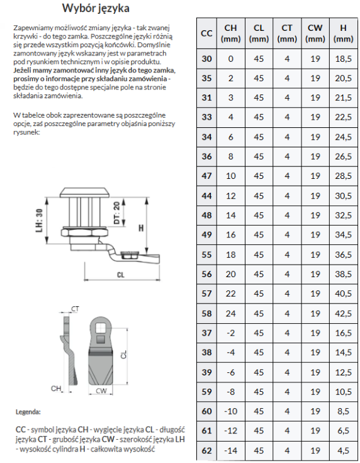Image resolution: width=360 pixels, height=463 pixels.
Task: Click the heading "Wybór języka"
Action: (x=96, y=8)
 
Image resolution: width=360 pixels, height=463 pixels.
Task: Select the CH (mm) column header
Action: (x=231, y=33)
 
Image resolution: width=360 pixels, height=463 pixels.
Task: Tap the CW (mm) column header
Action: (x=315, y=33)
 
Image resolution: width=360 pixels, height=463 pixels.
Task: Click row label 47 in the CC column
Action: (x=206, y=176)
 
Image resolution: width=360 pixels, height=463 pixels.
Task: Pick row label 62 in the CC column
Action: (x=206, y=450)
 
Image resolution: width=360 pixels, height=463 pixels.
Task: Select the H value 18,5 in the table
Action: (x=344, y=59)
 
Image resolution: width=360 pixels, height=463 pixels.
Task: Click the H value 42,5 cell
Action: (x=344, y=313)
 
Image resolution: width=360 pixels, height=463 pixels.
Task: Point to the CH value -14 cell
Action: (x=230, y=450)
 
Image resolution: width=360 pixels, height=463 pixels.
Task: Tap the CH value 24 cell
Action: (x=231, y=313)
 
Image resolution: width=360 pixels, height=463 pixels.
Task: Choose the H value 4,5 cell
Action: (x=344, y=450)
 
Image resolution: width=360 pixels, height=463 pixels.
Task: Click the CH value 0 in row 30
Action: (x=231, y=59)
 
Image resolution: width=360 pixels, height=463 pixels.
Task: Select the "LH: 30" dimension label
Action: (x=39, y=220)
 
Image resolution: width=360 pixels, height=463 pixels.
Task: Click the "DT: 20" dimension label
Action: (x=117, y=213)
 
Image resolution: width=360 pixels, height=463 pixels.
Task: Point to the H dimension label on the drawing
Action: (x=141, y=228)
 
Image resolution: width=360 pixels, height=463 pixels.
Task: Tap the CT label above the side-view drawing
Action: (x=76, y=309)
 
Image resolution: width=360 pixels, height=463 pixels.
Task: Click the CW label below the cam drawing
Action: (x=101, y=391)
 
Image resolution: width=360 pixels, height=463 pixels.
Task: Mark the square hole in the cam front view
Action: (x=101, y=328)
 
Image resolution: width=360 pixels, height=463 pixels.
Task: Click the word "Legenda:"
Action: (x=28, y=412)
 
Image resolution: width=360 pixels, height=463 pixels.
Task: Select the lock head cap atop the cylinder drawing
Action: (x=85, y=193)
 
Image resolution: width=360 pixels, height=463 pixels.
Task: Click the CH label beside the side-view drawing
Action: (x=56, y=388)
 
